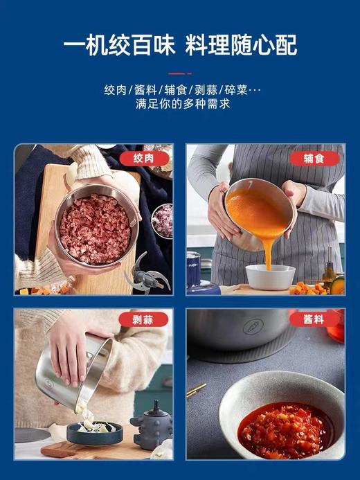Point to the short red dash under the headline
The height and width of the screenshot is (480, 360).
[x=179, y=73]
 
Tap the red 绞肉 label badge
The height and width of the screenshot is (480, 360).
[x=144, y=159]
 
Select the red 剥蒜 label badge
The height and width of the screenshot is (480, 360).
[x=144, y=319]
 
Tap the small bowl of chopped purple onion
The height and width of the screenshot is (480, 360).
[x=162, y=220]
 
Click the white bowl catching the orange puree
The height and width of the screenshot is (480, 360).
[x=270, y=276]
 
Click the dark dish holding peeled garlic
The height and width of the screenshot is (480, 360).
[x=94, y=432]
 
